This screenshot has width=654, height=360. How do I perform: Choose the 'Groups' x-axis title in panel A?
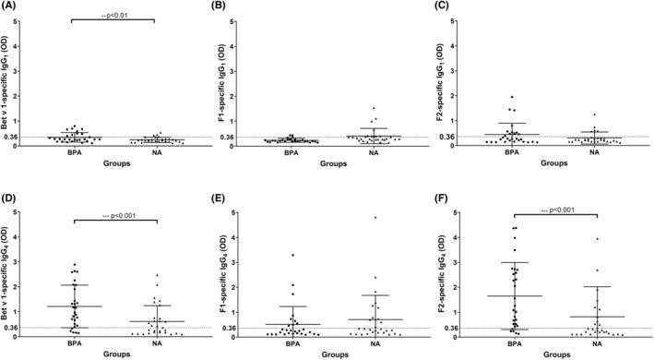point(113,162)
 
